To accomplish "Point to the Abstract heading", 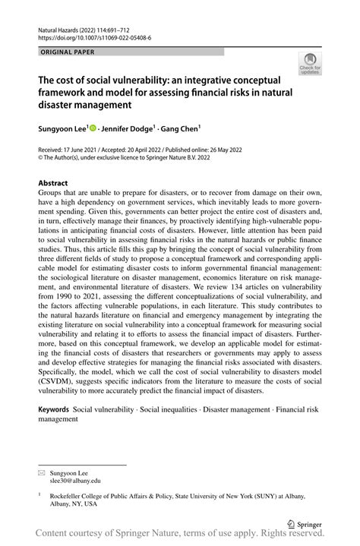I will pos(52,183).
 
